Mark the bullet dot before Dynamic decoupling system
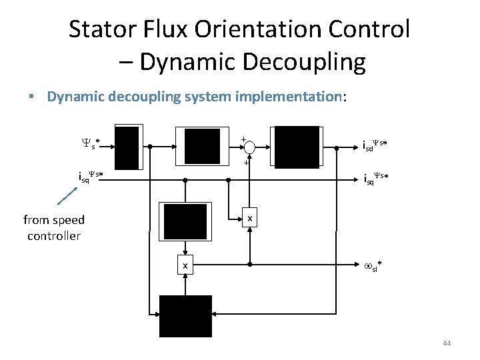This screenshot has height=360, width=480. pos(32,97)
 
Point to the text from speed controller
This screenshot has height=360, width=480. pos(54,227)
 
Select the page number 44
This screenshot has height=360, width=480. pos(447,343)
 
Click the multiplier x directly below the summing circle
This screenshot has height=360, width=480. pos(249,219)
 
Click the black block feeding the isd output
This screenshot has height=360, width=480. pos(297,147)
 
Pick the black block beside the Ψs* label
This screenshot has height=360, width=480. pos(127,147)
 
